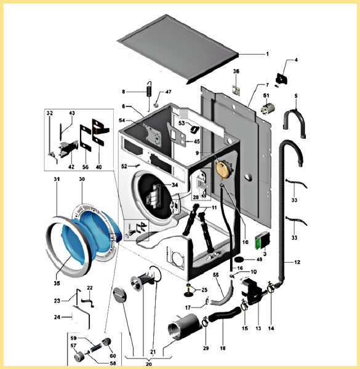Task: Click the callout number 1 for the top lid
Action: pyautogui.click(x=267, y=54)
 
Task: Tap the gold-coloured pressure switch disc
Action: pyautogui.click(x=222, y=169)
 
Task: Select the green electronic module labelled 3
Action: pyautogui.click(x=262, y=240)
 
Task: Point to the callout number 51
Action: pyautogui.click(x=266, y=95)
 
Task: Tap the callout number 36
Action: pyautogui.click(x=236, y=71)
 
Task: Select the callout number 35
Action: pyautogui.click(x=57, y=283)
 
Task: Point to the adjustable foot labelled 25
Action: pyautogui.click(x=189, y=290)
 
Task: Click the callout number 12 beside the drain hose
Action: pyautogui.click(x=297, y=262)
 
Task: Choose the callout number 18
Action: pyautogui.click(x=223, y=348)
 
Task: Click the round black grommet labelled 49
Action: pyautogui.click(x=239, y=259)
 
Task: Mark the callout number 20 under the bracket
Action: pyautogui.click(x=148, y=364)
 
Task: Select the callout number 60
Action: pyautogui.click(x=113, y=355)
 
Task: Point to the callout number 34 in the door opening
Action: pyautogui.click(x=175, y=185)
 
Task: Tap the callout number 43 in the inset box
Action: pyautogui.click(x=71, y=113)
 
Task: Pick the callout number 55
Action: pyautogui.click(x=215, y=275)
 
